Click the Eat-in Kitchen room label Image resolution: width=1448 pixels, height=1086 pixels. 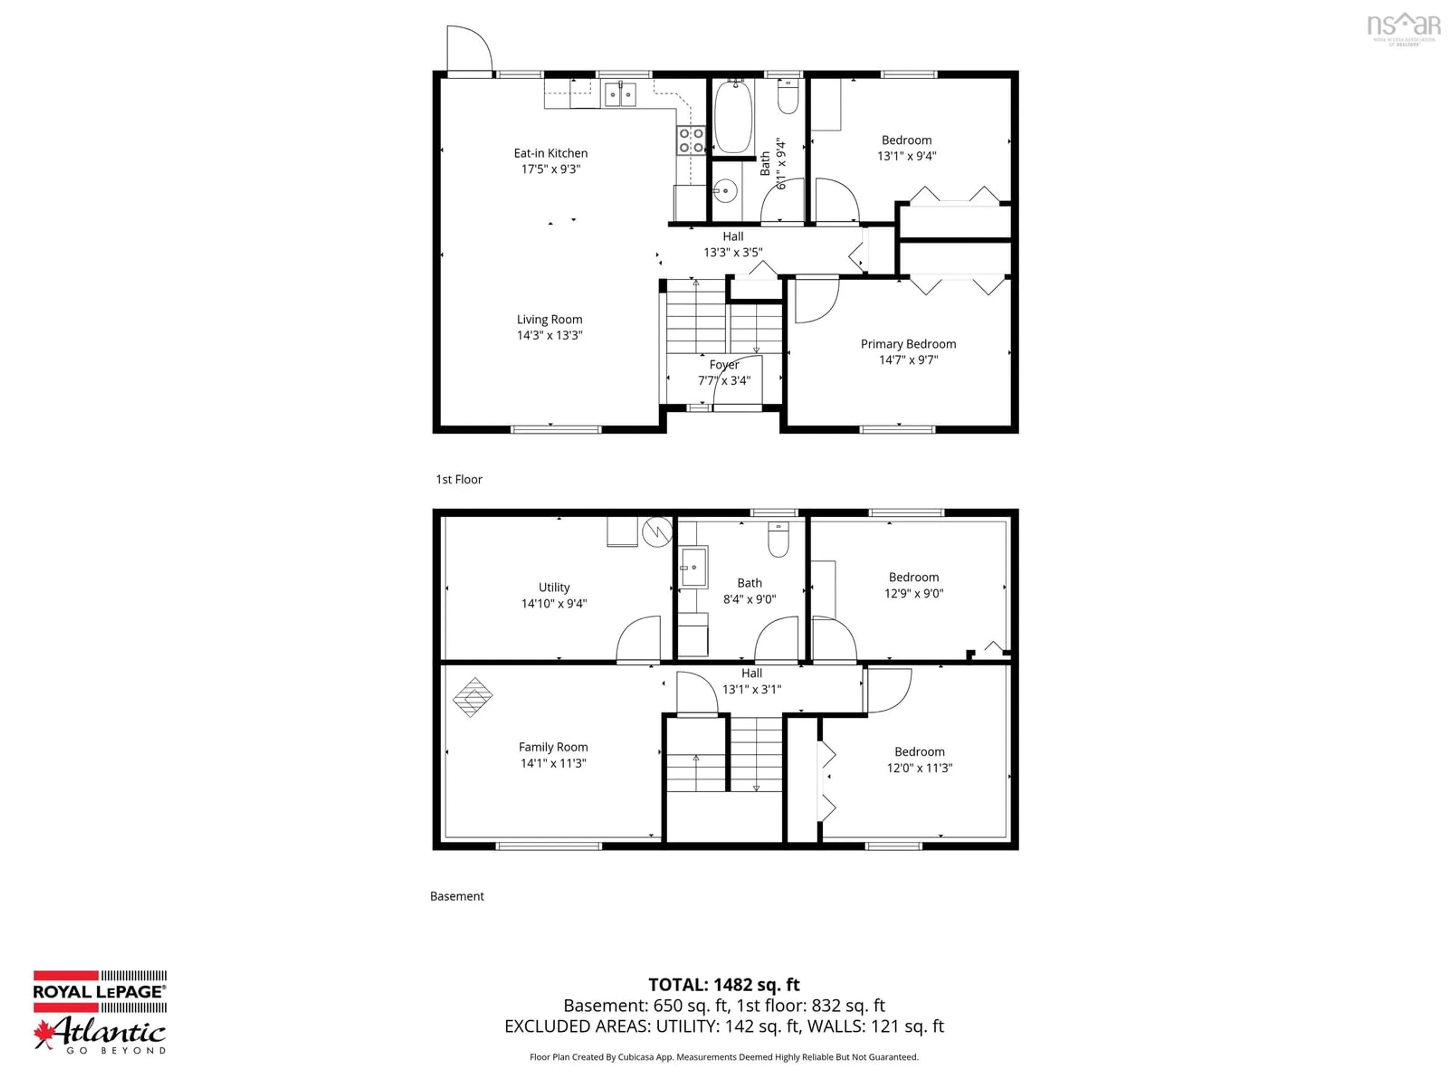(x=551, y=153)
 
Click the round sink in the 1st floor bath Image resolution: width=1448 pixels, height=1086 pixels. (x=725, y=191)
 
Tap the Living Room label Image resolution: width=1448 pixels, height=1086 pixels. (x=549, y=319)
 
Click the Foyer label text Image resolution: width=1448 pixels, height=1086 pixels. (x=724, y=365)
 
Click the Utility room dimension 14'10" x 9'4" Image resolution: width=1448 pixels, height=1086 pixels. (x=554, y=604)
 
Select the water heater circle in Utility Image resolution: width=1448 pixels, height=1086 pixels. (x=657, y=532)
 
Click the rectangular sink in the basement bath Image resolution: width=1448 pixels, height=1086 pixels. (x=693, y=567)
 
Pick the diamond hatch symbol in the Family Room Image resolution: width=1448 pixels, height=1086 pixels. (x=472, y=697)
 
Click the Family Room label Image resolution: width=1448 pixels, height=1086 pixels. (x=553, y=747)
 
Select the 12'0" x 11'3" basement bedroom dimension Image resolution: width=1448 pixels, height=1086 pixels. (x=919, y=768)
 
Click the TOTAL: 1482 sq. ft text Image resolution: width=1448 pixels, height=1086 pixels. (x=724, y=985)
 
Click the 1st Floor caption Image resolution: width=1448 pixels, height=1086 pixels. (x=459, y=479)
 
